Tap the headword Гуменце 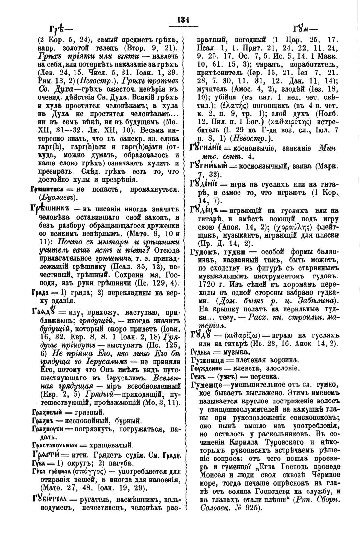click(206, 385)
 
